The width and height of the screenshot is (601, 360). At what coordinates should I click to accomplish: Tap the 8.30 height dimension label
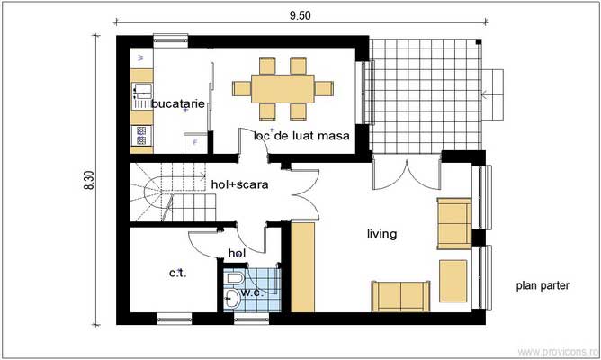point(89,180)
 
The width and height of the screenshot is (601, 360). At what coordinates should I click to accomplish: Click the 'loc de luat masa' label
point(300,135)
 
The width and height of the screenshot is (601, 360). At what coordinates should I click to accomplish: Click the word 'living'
point(381,234)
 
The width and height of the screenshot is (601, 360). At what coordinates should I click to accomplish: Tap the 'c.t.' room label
point(177,273)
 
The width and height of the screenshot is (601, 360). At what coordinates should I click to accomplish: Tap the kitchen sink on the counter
point(141,91)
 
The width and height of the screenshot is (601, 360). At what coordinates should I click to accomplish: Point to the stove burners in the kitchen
point(141,136)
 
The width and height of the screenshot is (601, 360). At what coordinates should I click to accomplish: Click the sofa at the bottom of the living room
point(400,294)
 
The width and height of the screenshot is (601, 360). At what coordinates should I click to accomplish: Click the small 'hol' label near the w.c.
point(238,254)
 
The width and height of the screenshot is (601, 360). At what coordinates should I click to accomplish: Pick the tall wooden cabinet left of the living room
point(302,267)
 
